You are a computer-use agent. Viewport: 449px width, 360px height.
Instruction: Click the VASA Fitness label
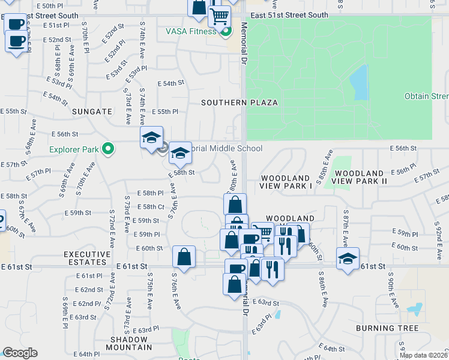click(191, 31)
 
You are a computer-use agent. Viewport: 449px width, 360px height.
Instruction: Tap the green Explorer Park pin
click(108, 148)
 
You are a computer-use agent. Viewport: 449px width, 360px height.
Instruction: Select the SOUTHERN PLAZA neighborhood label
click(239, 103)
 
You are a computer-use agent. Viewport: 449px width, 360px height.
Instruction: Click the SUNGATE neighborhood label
click(92, 112)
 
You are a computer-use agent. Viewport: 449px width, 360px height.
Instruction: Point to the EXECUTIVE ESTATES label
click(88, 259)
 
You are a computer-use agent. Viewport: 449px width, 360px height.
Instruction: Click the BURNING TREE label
click(387, 328)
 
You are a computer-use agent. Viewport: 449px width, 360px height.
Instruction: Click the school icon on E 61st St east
click(348, 259)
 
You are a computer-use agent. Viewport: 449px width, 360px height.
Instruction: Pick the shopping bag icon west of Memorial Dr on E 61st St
click(184, 256)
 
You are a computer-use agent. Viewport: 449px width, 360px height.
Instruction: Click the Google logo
click(20, 353)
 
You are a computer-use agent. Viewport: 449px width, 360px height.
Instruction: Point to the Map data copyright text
click(423, 355)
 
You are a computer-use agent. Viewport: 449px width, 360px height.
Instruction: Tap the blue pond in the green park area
click(358, 83)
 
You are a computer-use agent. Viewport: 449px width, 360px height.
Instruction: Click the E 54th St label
click(170, 83)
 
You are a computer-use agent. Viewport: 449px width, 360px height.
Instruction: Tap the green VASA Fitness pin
click(226, 31)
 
